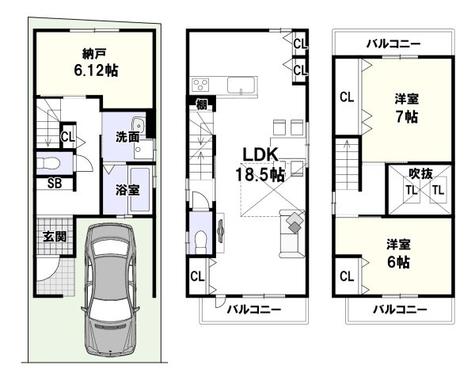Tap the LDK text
pyautogui.click(x=251, y=155)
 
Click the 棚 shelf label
pyautogui.click(x=195, y=102)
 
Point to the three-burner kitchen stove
pyautogui.click(x=200, y=84)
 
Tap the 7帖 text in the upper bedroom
pyautogui.click(x=408, y=116)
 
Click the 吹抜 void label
pyautogui.click(x=420, y=173)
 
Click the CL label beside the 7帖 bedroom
pyautogui.click(x=346, y=98)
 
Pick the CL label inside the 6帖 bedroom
pyautogui.click(x=346, y=276)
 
